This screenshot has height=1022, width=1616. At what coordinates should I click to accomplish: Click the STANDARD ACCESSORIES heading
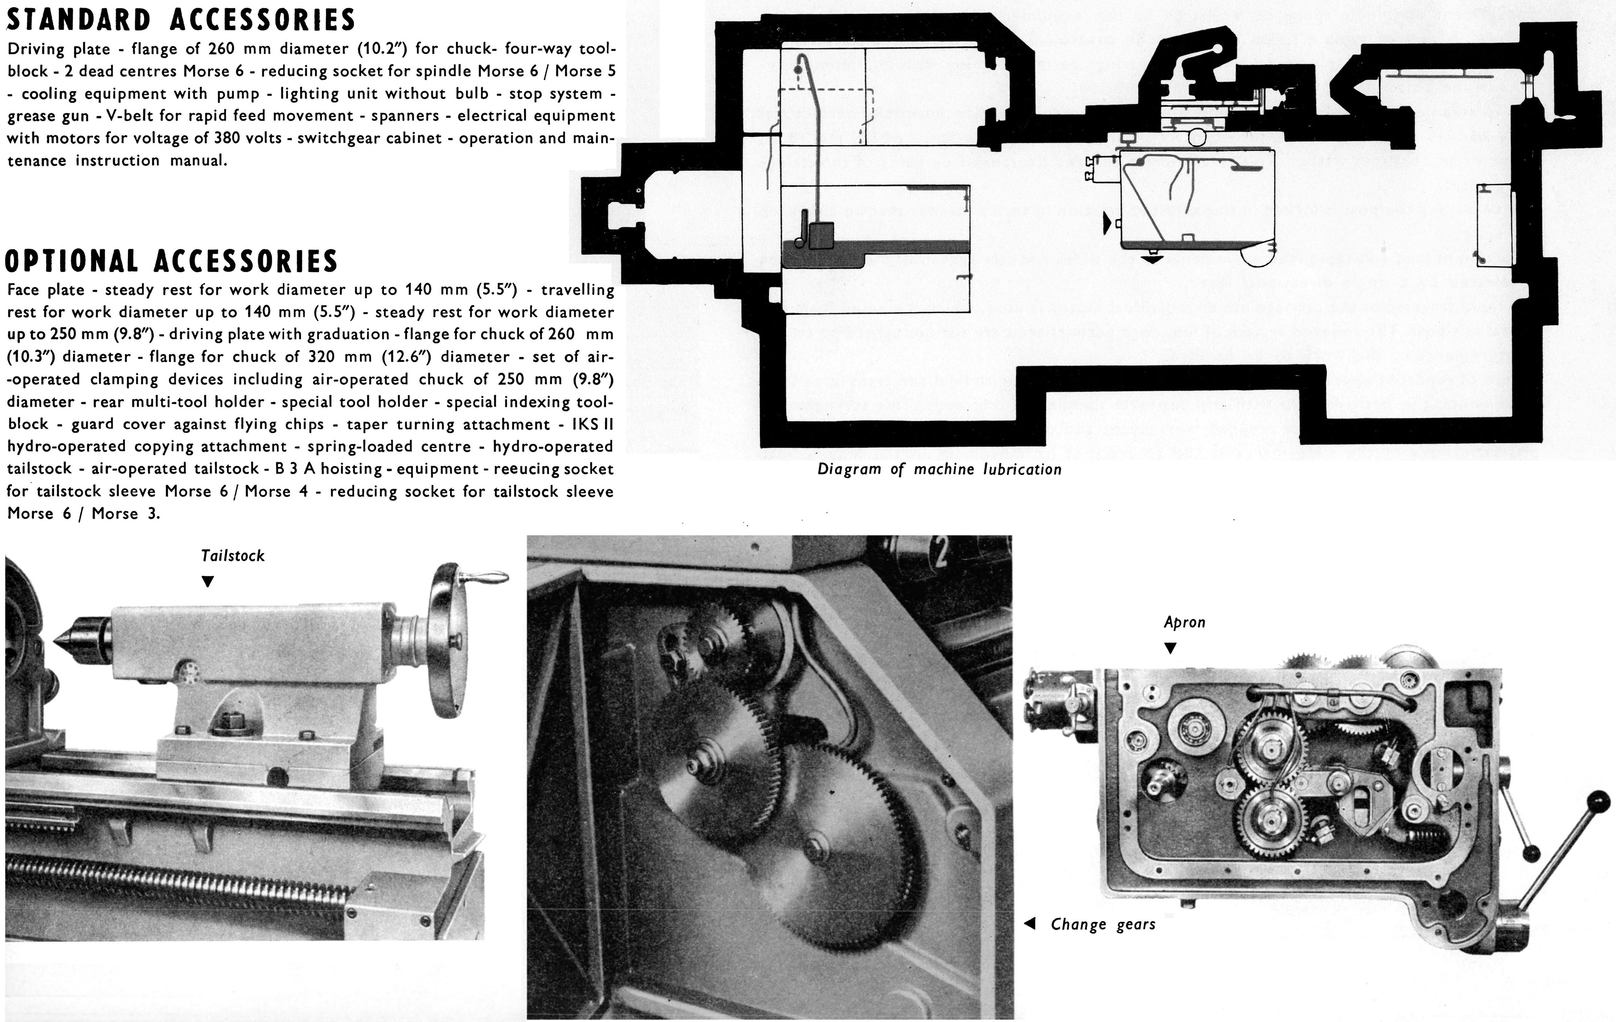click(180, 20)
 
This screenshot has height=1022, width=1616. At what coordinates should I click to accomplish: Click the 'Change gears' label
click(1103, 925)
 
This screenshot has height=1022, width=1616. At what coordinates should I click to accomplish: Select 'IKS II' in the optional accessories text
click(592, 424)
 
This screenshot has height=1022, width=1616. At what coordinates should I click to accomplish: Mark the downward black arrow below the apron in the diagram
click(1151, 259)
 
